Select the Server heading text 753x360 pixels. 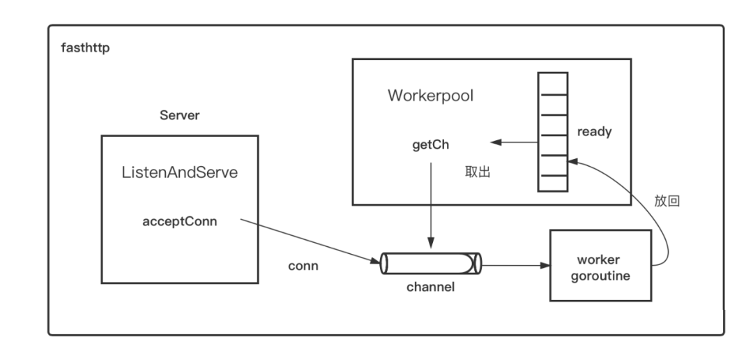coord(180,115)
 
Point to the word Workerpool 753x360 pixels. coord(430,96)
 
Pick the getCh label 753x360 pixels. coord(429,147)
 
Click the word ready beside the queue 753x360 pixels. coord(595,131)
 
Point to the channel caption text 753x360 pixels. coord(430,285)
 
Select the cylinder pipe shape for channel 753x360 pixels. coord(430,264)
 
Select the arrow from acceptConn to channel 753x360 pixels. coord(307,241)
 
